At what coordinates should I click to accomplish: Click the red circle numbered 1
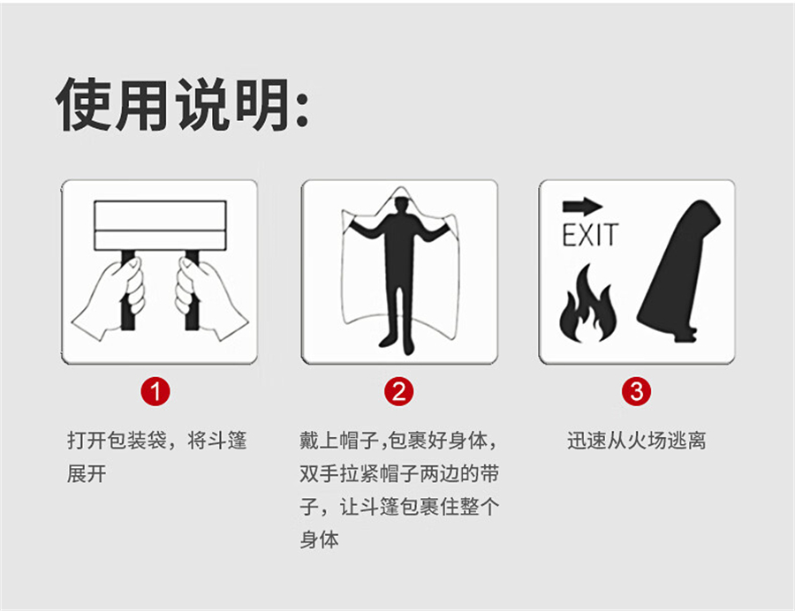[155, 391]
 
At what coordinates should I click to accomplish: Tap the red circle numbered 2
[399, 391]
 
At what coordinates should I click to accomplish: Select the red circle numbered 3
[637, 391]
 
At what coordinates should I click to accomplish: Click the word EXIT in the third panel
[590, 235]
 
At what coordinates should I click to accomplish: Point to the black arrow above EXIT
[583, 206]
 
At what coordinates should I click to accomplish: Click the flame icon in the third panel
[588, 303]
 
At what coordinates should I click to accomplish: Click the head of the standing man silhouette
[402, 205]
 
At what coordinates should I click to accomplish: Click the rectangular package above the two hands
[160, 225]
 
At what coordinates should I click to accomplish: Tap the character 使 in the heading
[84, 105]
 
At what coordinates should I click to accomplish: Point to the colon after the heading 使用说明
[302, 109]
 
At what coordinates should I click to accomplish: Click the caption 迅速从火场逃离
[636, 441]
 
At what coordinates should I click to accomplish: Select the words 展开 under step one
[87, 474]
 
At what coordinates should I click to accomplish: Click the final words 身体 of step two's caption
[319, 539]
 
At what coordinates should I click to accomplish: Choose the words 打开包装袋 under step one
[117, 441]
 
